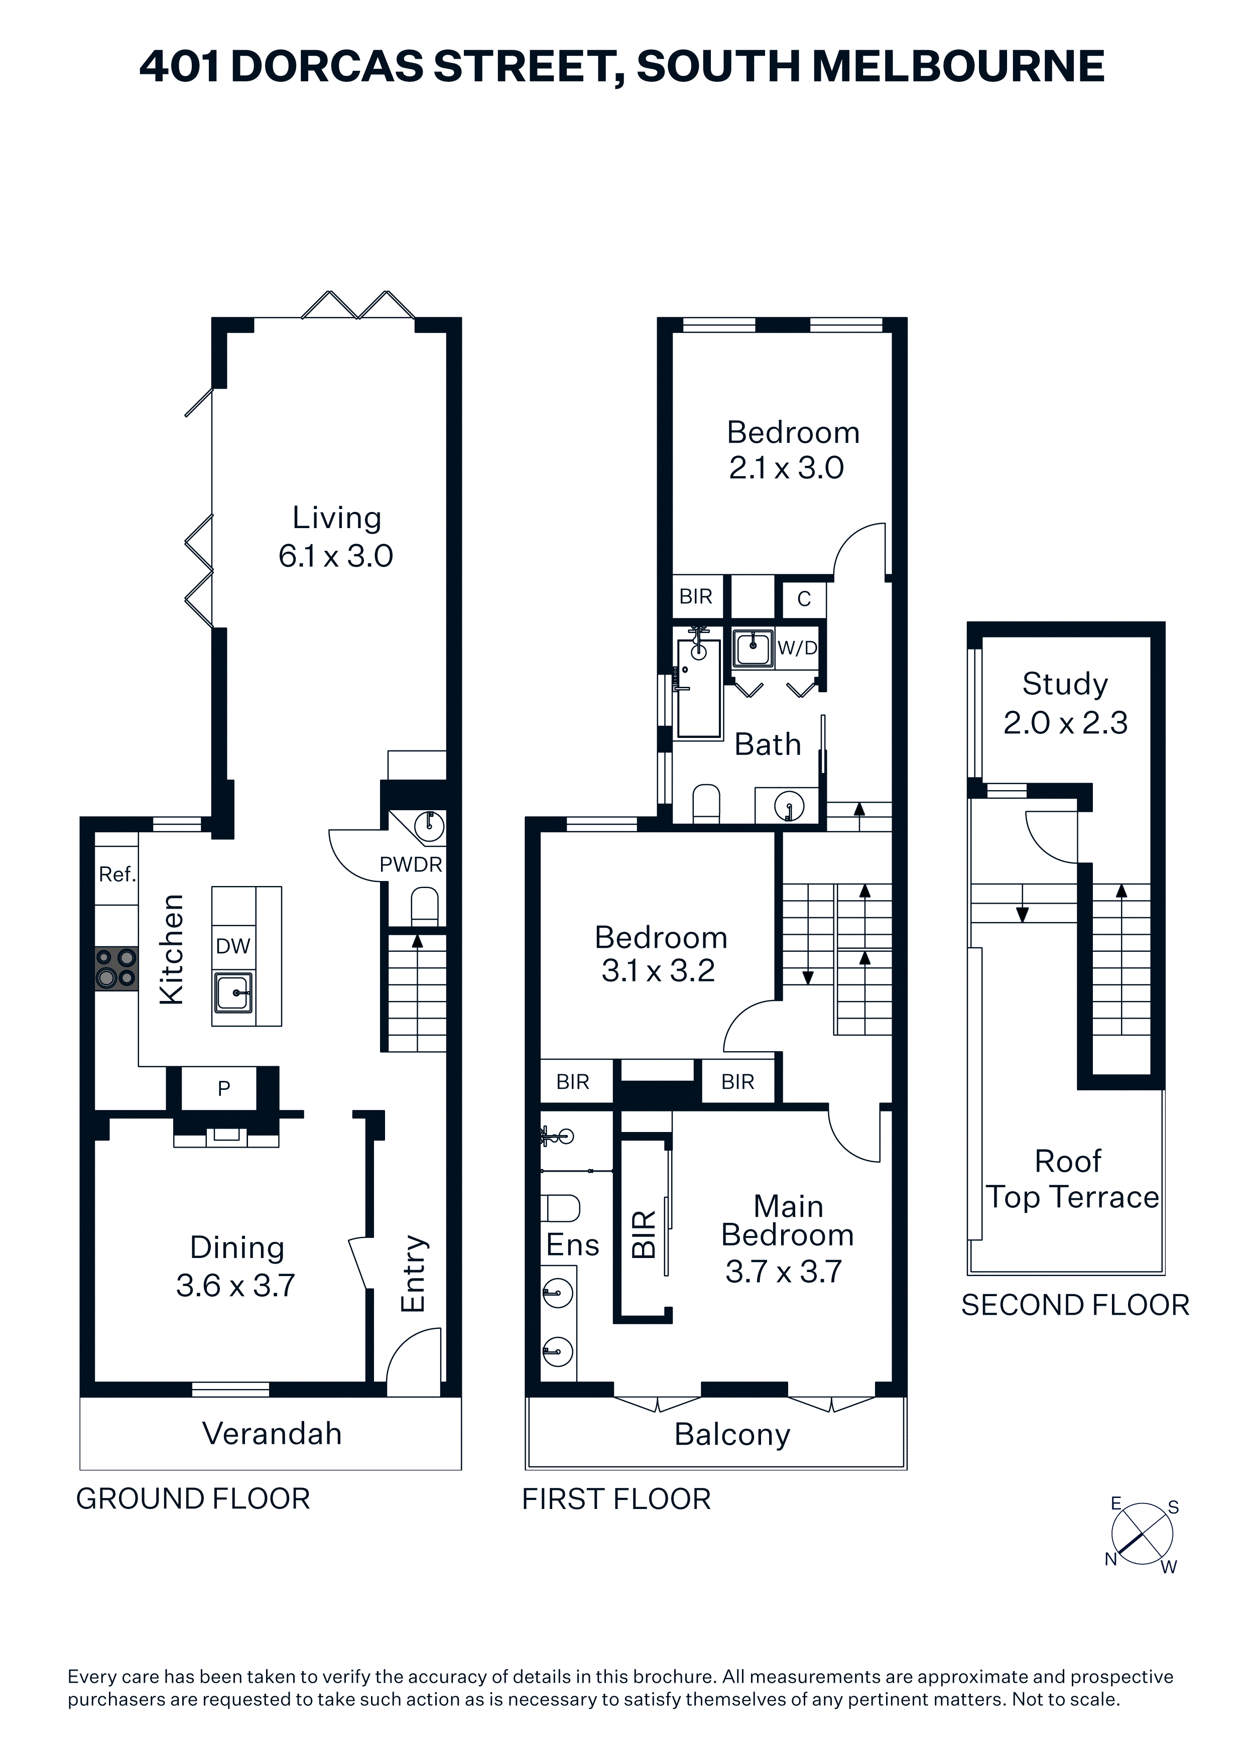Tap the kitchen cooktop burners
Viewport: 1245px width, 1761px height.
pyautogui.click(x=116, y=969)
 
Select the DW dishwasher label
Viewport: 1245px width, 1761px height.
pyautogui.click(x=233, y=946)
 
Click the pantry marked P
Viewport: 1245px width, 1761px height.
pyautogui.click(x=223, y=1088)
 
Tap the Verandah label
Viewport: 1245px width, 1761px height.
pyautogui.click(x=272, y=1434)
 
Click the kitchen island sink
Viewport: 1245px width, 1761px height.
pyautogui.click(x=234, y=992)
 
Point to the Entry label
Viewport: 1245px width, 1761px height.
pyautogui.click(x=413, y=1273)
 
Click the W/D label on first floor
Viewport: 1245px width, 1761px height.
pyautogui.click(x=797, y=648)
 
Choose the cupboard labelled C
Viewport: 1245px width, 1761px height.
pyautogui.click(x=804, y=599)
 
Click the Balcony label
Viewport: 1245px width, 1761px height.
pyautogui.click(x=732, y=1435)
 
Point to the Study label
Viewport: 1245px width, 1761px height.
pyautogui.click(x=1065, y=684)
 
